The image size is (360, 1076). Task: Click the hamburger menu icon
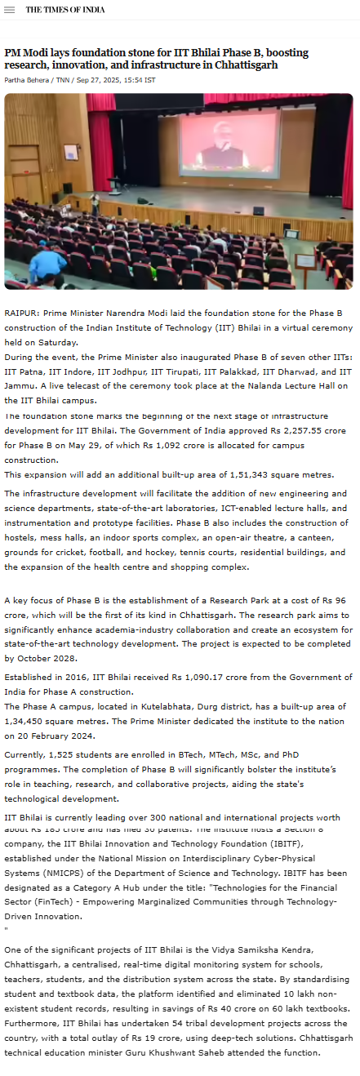pos(10,10)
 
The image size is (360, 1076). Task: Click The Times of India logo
pos(65,10)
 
